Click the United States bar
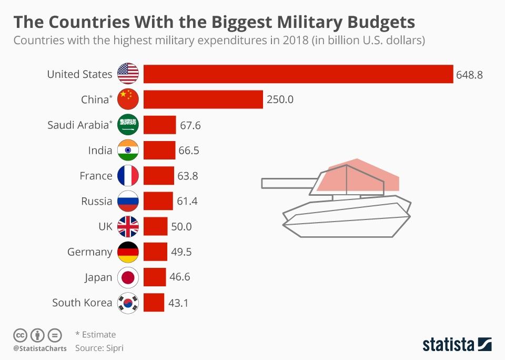tap(298, 74)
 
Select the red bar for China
tap(203, 99)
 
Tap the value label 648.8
tap(470, 74)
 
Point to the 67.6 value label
tap(190, 125)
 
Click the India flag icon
tap(128, 151)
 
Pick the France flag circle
tap(128, 176)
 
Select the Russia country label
tap(97, 201)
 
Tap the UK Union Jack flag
tap(128, 226)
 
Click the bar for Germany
tap(155, 252)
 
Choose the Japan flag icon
tap(128, 277)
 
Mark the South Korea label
tap(82, 303)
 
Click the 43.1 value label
tap(178, 303)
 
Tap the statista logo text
tap(448, 345)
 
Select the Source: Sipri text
tap(99, 348)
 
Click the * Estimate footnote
tap(96, 334)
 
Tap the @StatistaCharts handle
tap(40, 348)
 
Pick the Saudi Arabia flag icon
tap(128, 125)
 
